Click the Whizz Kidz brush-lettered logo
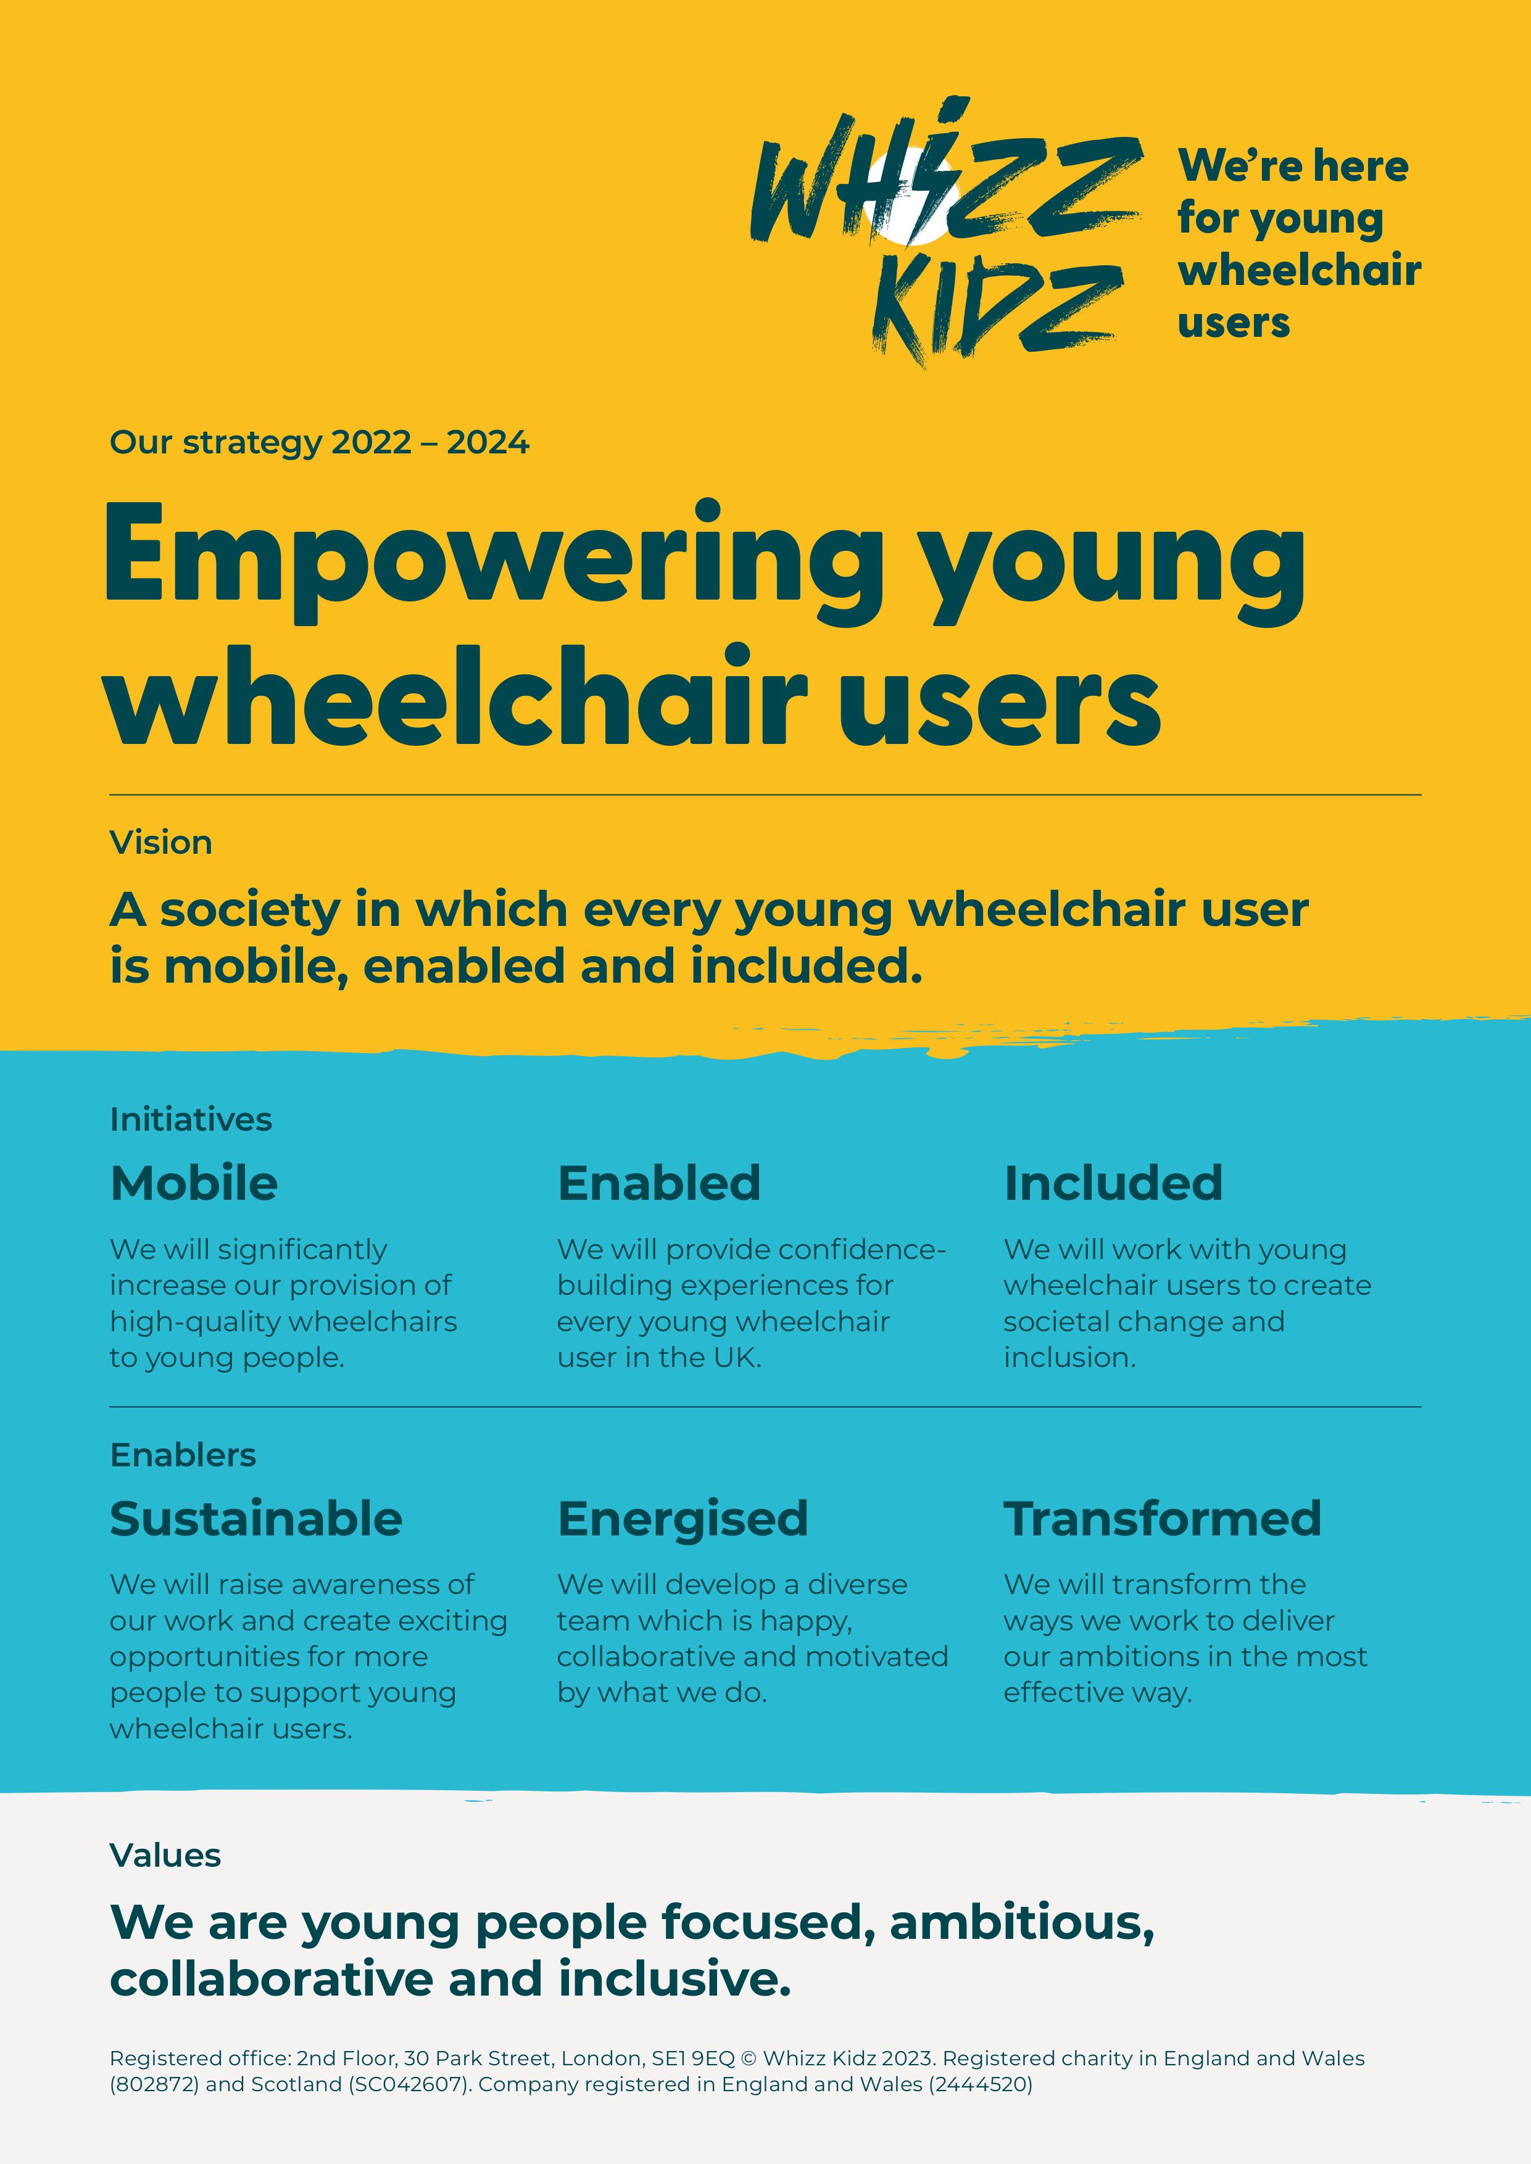945,231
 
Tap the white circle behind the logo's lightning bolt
911,198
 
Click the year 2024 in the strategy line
488,442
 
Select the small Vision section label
160,843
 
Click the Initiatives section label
191,1119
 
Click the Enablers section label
183,1455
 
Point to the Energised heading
683,1520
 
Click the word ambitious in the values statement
1022,1923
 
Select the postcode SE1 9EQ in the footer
693,2059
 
